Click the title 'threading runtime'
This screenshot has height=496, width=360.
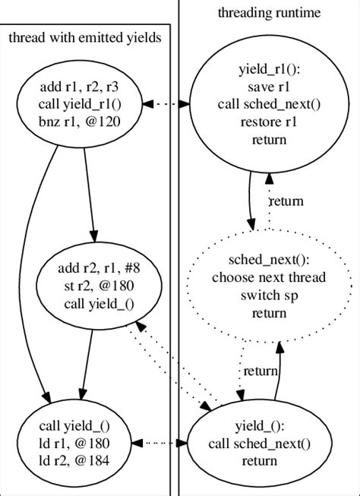(x=269, y=13)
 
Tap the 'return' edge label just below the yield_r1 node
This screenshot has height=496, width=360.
(x=286, y=201)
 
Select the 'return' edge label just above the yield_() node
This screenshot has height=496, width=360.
(x=261, y=372)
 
